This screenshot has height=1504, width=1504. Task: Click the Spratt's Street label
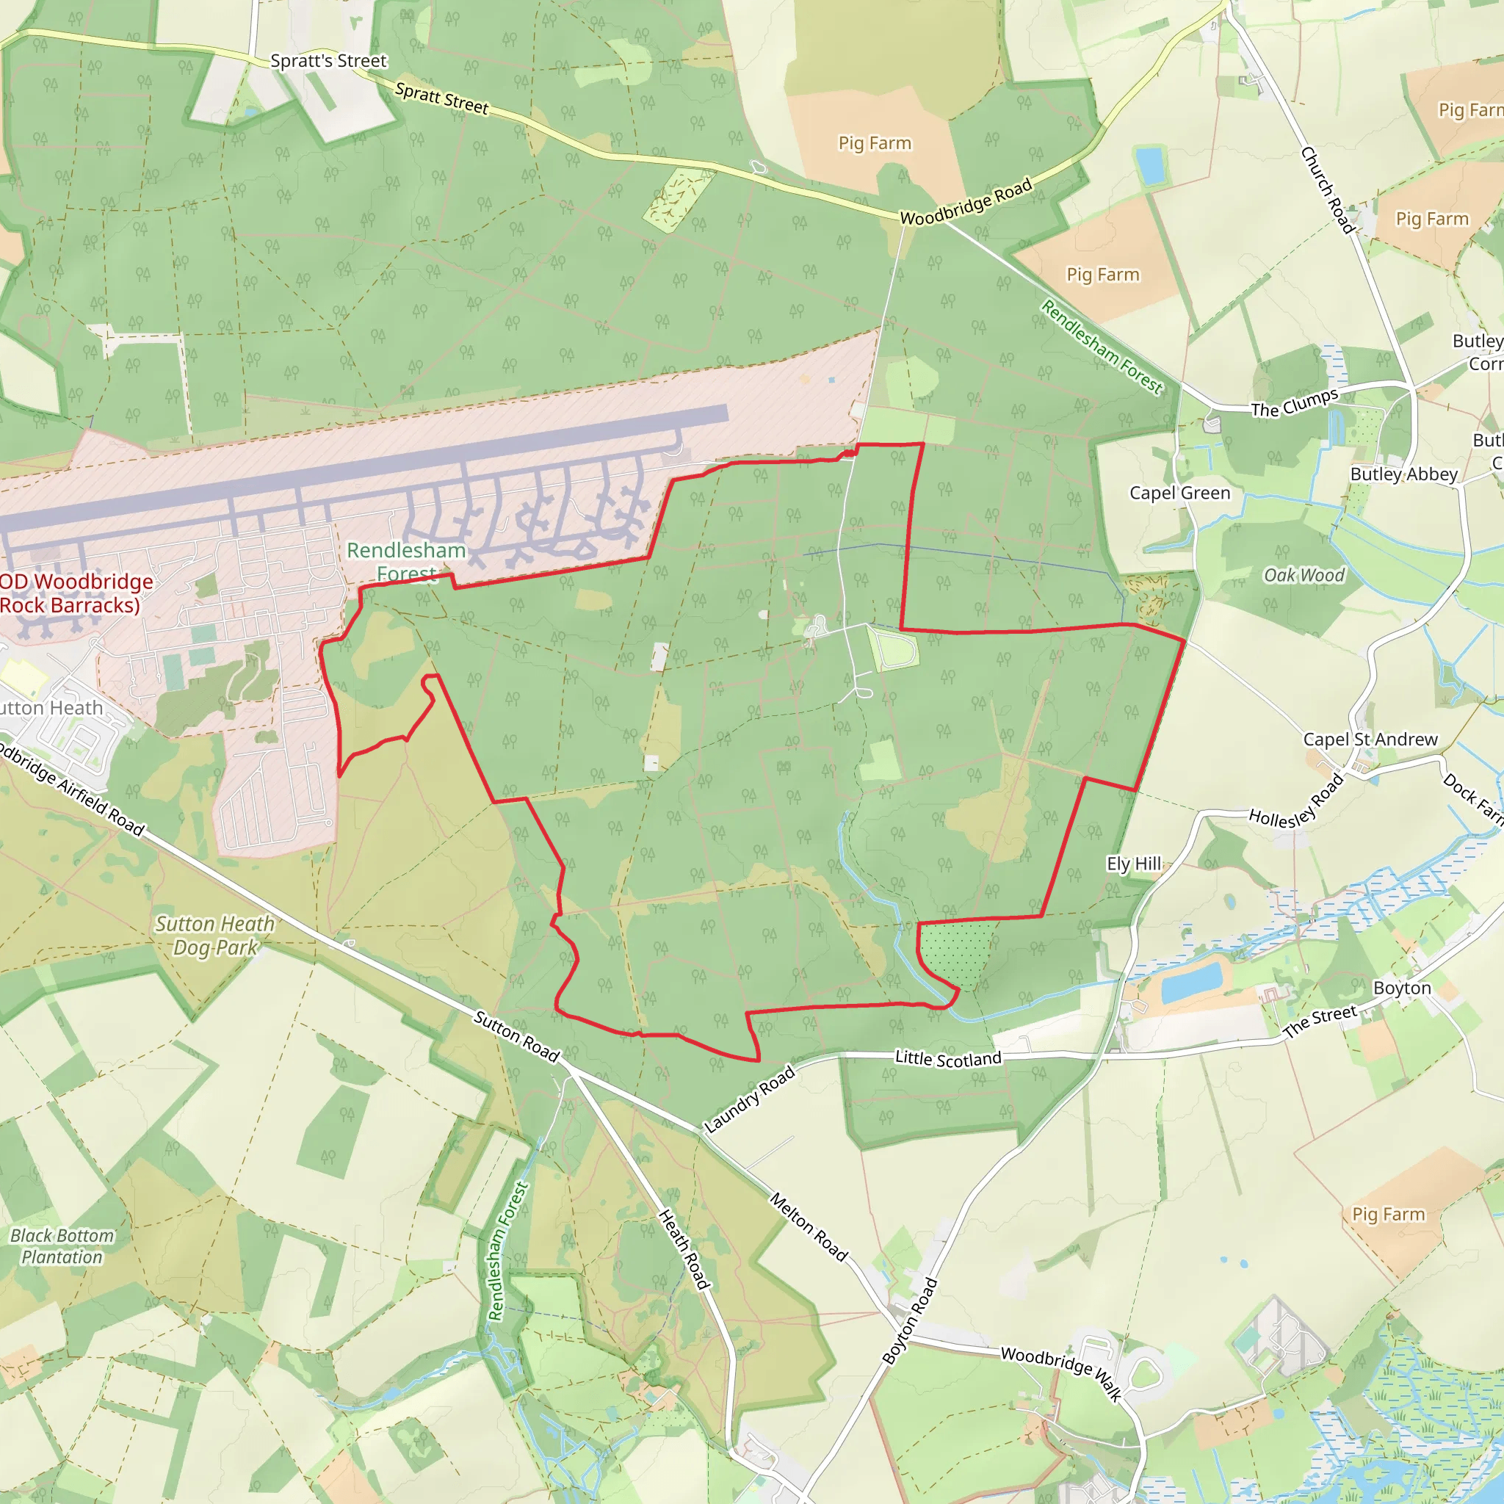click(328, 61)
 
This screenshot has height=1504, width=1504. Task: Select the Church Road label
click(1328, 190)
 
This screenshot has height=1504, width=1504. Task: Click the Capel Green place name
click(1179, 493)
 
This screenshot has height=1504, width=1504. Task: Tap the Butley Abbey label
click(1403, 474)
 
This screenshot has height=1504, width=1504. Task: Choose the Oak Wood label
click(1304, 575)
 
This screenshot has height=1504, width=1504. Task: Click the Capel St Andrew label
click(1370, 739)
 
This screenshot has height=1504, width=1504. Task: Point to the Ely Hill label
click(1133, 864)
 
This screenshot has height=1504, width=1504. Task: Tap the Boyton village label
click(1402, 987)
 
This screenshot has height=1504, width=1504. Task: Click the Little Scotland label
click(947, 1059)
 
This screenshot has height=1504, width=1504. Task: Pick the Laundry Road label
click(750, 1099)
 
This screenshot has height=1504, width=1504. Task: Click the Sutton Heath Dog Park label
click(215, 936)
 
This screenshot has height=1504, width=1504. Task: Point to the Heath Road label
click(684, 1249)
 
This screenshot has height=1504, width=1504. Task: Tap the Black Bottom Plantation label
click(62, 1245)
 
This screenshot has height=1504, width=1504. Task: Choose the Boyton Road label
click(910, 1321)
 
